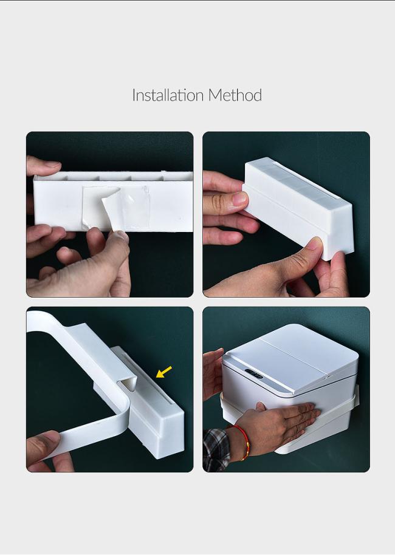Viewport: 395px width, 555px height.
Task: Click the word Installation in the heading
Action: tap(168, 95)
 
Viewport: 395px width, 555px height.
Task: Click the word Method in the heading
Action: tap(235, 95)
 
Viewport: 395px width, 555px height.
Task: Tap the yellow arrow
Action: tap(164, 372)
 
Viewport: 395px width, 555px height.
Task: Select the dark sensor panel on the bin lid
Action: tap(253, 374)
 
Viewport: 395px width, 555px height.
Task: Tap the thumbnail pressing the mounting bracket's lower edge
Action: tap(314, 243)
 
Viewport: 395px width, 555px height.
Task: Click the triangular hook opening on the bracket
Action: tap(129, 383)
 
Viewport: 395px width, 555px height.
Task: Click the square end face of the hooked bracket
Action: tap(167, 436)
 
